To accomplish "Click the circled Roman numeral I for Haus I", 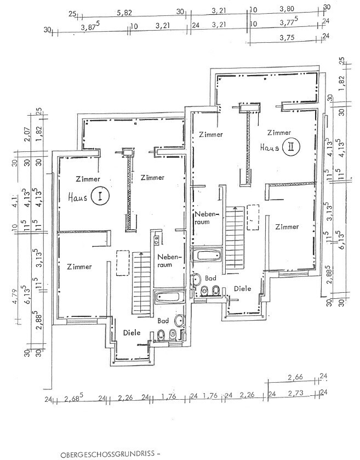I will pos(99,197).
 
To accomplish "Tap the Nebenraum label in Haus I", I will pos(165,260).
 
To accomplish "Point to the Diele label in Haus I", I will pos(132,332).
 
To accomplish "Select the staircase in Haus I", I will pos(140,280).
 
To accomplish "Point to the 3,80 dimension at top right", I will pos(287,9).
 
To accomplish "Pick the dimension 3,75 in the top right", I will pos(287,38).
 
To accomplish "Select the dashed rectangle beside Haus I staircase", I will pos(122,260).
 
